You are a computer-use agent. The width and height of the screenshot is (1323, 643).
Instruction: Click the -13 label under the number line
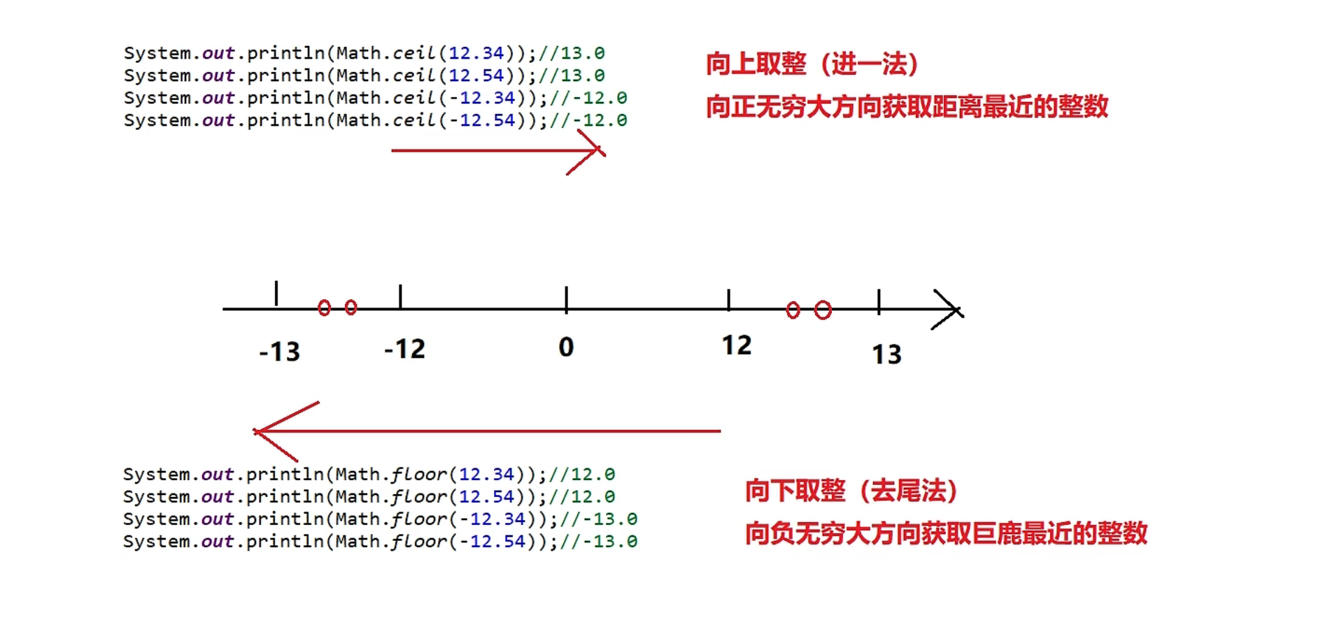[279, 352]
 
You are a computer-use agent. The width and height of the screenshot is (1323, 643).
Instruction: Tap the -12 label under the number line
[404, 349]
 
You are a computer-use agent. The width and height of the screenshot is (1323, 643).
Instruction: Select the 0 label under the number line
[566, 347]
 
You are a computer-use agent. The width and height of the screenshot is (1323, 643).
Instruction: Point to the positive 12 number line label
[737, 345]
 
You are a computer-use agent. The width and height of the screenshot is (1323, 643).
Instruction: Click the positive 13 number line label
[886, 354]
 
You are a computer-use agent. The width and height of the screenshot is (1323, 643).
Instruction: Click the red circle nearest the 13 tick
[823, 310]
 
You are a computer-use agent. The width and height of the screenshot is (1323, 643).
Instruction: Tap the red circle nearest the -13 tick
[324, 308]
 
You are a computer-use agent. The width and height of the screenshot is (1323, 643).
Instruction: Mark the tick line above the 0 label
[566, 298]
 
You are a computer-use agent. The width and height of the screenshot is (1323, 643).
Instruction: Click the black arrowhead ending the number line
[951, 310]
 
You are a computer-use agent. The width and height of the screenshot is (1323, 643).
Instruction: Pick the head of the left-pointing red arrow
[269, 431]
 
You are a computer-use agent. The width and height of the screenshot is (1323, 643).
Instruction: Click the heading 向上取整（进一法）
[812, 64]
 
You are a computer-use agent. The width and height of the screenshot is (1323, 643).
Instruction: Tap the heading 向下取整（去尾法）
[851, 491]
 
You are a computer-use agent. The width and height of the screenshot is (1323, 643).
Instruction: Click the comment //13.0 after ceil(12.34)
[572, 53]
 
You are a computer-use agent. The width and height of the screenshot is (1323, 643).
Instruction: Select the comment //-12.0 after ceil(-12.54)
[588, 120]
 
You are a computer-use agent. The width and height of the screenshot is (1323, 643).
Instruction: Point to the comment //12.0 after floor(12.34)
[582, 475]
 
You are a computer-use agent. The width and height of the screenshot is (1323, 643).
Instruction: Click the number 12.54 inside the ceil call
[476, 75]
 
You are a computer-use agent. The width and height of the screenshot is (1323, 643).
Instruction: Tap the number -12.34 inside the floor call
[492, 519]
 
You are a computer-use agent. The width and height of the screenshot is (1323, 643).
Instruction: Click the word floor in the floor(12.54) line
[418, 497]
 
